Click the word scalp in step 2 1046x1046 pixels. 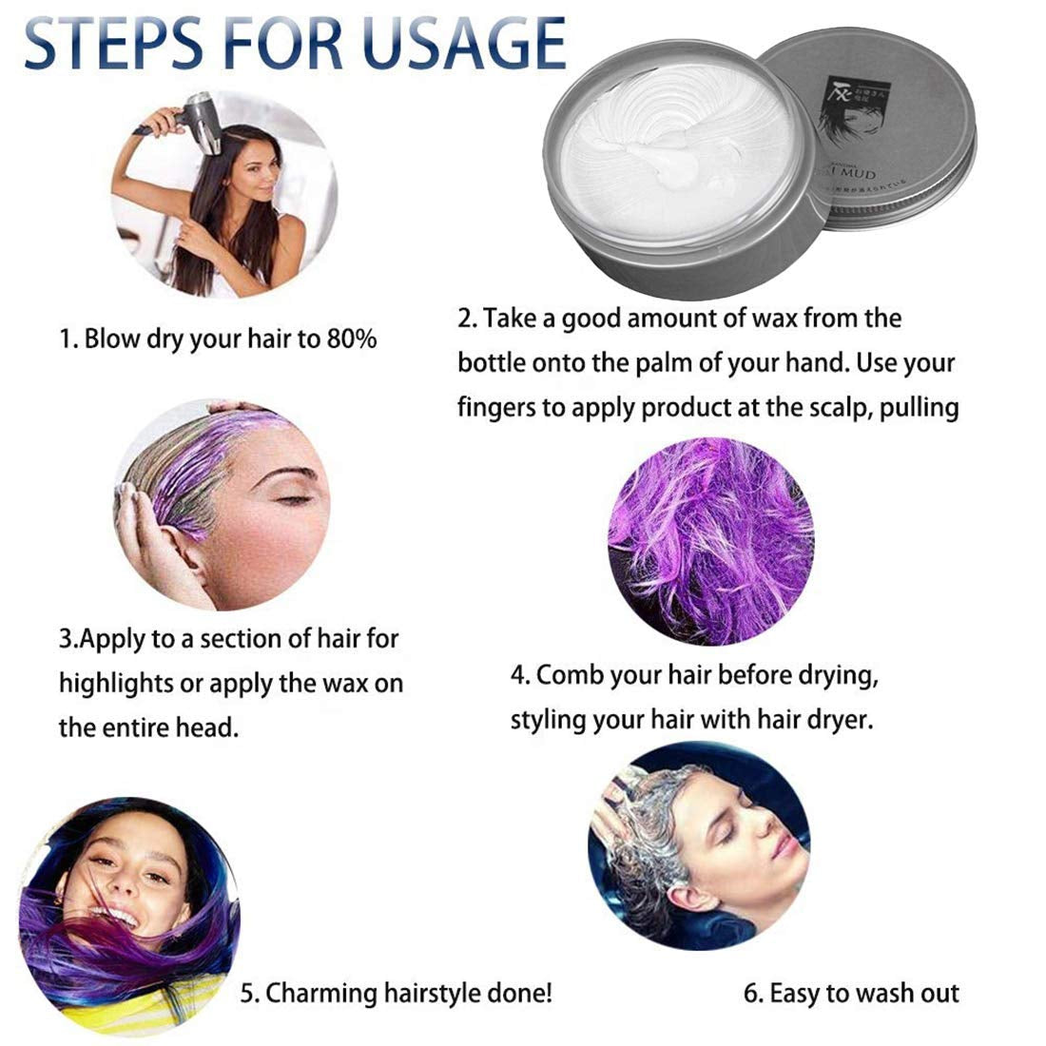coord(831,407)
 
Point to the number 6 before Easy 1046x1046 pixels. coord(751,994)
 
